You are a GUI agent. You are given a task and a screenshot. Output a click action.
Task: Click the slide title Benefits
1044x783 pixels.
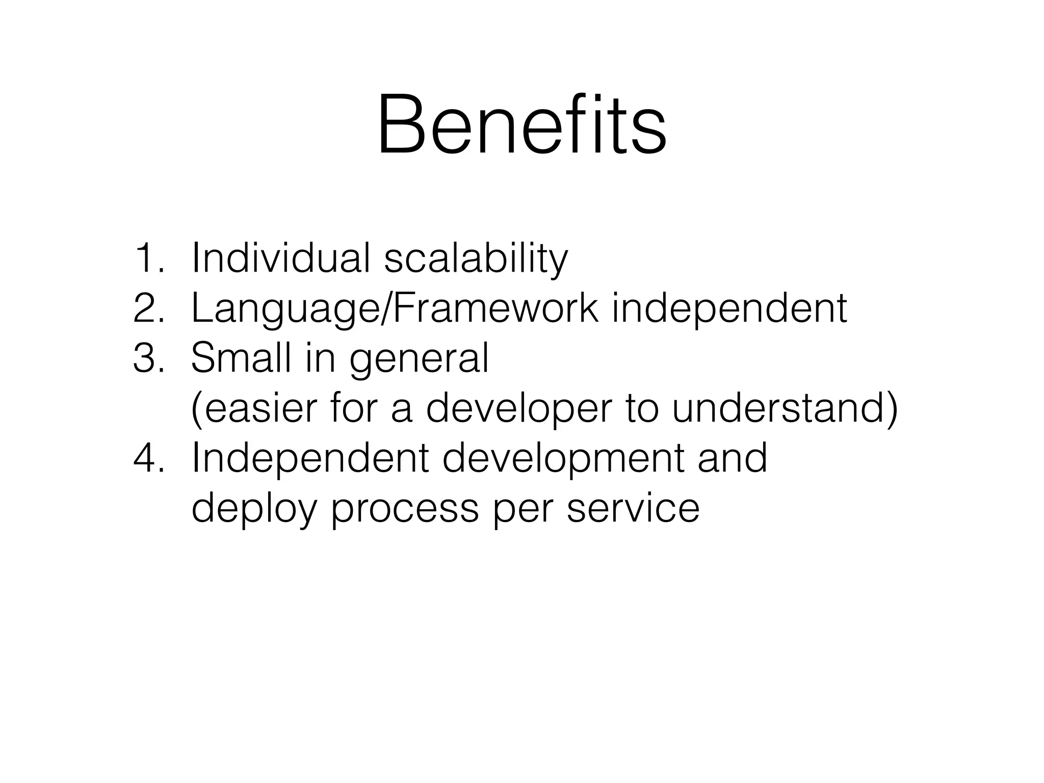[x=521, y=124]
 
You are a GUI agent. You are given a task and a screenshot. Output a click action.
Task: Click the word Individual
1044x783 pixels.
[x=280, y=258]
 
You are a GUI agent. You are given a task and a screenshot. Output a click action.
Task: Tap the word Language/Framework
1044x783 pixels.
[x=394, y=309]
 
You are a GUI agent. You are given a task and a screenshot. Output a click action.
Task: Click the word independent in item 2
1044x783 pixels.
[x=729, y=309]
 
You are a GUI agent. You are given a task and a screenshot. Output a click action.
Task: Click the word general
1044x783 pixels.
[x=419, y=360]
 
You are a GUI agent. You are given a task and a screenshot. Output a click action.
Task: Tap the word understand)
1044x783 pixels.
[x=785, y=409]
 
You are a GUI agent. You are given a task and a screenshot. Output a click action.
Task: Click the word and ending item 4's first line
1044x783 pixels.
[x=732, y=458]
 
